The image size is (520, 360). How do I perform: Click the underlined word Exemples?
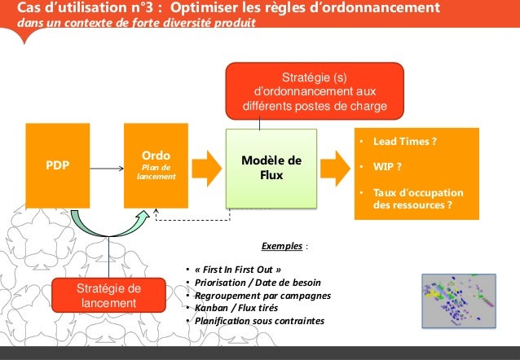point(283,244)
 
